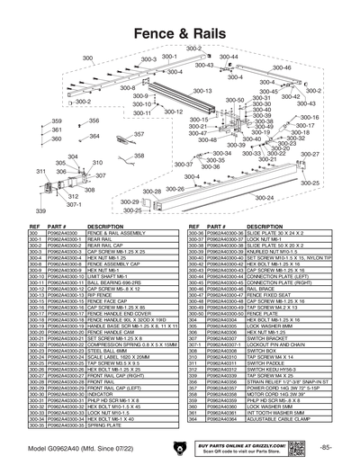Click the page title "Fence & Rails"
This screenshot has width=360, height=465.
179,33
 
